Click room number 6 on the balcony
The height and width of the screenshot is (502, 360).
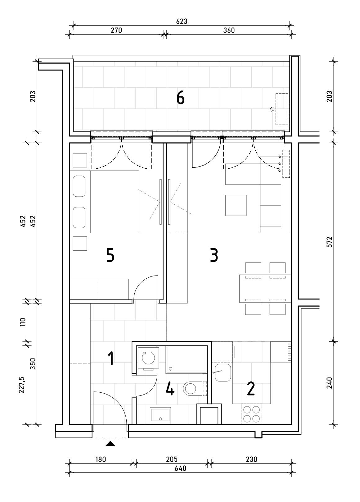(x=180, y=98)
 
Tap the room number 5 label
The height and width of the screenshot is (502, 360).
(x=110, y=255)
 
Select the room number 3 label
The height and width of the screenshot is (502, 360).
(x=214, y=255)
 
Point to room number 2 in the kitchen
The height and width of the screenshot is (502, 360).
(x=250, y=389)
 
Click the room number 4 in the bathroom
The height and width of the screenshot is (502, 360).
(x=170, y=389)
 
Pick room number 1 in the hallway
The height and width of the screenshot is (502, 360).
(x=110, y=358)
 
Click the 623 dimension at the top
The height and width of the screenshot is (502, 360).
(x=182, y=21)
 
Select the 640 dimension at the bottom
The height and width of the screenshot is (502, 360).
(x=180, y=468)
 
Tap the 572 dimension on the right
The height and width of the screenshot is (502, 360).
(x=329, y=242)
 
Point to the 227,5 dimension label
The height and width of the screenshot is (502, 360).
(x=22, y=385)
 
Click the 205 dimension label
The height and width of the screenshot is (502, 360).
(x=172, y=459)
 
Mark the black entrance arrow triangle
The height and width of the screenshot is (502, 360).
(x=110, y=444)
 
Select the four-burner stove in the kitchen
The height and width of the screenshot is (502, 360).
(x=251, y=414)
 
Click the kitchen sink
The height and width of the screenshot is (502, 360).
(x=223, y=373)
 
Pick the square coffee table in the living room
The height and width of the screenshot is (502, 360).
(x=236, y=205)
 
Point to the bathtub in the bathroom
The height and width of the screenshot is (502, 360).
(x=186, y=360)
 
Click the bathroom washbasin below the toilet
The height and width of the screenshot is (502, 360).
(x=160, y=414)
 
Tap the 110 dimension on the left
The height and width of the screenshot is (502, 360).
(x=23, y=322)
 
